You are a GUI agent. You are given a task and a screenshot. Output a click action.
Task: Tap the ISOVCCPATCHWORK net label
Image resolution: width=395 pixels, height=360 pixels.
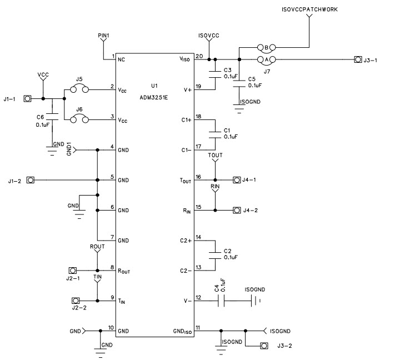309,9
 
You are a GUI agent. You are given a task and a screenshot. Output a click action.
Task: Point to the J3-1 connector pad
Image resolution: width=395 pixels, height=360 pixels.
358,60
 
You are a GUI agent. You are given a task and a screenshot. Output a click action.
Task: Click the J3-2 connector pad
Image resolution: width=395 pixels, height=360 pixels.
264,346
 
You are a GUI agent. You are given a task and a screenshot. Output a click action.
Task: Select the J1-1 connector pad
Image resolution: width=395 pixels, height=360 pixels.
26,99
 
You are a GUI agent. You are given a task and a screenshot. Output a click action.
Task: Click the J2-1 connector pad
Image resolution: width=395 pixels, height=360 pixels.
71,268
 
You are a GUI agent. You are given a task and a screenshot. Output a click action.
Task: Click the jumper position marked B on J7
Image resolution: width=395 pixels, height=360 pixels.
266,48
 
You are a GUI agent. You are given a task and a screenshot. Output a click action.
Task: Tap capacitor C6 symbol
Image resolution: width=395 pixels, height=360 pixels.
52,117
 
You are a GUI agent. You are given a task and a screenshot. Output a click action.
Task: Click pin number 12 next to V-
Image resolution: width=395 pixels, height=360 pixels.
198,297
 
